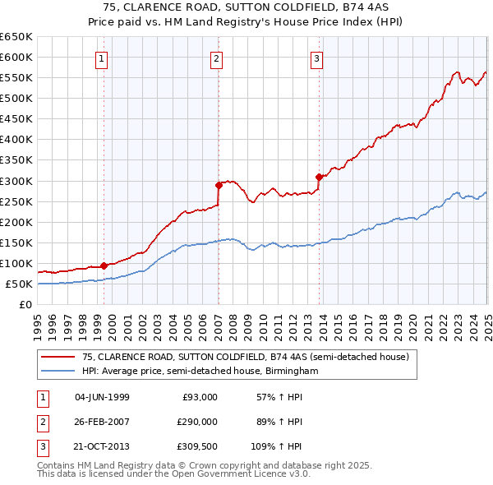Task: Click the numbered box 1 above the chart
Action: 101,58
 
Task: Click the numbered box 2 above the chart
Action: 215,58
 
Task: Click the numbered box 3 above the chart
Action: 316,58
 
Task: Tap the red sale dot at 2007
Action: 219,184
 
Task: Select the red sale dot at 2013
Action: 320,176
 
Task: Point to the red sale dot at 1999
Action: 104,266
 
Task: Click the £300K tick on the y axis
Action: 17,181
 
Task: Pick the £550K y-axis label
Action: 17,78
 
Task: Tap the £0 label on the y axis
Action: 25,305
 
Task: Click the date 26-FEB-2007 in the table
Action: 102,422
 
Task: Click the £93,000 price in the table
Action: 199,397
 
